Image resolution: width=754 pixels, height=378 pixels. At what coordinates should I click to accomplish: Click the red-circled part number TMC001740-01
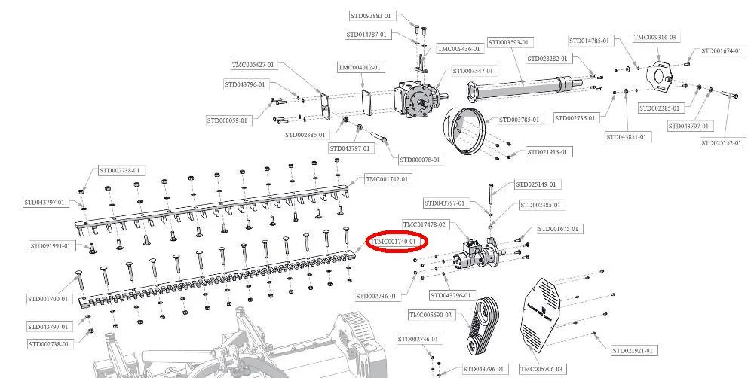(x=397, y=242)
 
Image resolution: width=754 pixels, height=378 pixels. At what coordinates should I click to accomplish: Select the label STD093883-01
(x=371, y=16)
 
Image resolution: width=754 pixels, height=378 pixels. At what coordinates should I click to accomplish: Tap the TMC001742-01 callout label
(x=387, y=179)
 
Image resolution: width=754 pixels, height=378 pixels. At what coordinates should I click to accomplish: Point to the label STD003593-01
(x=509, y=42)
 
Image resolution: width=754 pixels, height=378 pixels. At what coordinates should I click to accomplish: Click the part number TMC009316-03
(x=654, y=37)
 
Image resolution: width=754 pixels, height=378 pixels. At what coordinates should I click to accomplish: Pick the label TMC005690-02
(x=431, y=315)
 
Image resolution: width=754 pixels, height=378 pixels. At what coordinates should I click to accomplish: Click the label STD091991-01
(x=51, y=245)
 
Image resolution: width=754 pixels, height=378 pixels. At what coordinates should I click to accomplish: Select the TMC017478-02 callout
(x=425, y=224)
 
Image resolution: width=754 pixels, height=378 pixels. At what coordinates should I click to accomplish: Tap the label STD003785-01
(x=520, y=120)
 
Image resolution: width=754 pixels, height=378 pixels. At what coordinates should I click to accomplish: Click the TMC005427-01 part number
(x=253, y=65)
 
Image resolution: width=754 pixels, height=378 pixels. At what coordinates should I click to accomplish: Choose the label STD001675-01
(x=558, y=229)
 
